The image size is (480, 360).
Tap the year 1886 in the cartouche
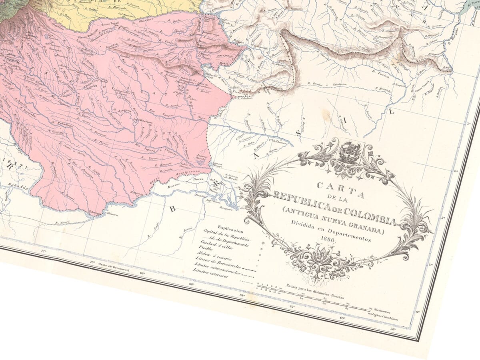[x=327, y=239]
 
